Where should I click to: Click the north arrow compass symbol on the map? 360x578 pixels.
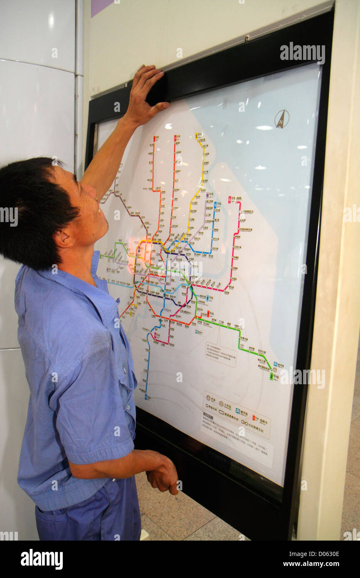pyautogui.click(x=281, y=119)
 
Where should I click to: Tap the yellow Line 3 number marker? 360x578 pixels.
pyautogui.click(x=196, y=136)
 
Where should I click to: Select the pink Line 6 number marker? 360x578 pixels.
pyautogui.click(x=229, y=200)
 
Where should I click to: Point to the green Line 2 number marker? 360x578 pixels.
pyautogui.click(x=271, y=376)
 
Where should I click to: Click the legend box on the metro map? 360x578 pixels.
pyautogui.click(x=236, y=415)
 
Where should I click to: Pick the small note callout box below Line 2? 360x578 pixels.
pyautogui.click(x=220, y=354)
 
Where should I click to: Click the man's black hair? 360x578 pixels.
pyautogui.click(x=33, y=208)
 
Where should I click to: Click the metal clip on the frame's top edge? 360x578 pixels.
pyautogui.click(x=247, y=38)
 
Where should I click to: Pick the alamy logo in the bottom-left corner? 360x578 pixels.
pyautogui.click(x=42, y=559)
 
